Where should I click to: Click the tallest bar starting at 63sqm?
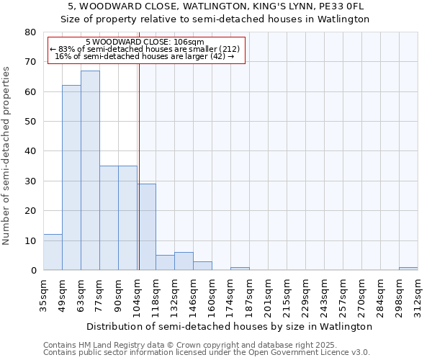90,171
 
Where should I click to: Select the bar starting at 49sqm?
71,178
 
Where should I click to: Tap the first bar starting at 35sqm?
53,252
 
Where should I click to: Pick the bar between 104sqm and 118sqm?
146,227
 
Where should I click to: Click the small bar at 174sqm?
240,269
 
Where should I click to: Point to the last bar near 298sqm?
408,269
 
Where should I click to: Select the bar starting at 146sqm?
202,266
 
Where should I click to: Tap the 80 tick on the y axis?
30,32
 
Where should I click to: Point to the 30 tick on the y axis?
30,181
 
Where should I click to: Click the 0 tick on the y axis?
33,271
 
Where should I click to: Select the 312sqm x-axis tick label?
418,296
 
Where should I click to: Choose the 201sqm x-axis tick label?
268,296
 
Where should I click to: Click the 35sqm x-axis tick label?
43,296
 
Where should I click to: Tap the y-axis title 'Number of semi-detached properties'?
6,155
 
